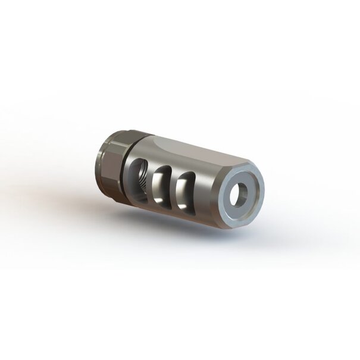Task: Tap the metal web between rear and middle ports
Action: click(x=151, y=182)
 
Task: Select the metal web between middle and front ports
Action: click(x=174, y=189)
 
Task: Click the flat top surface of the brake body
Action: click(x=190, y=155)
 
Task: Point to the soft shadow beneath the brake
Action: click(x=196, y=238)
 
